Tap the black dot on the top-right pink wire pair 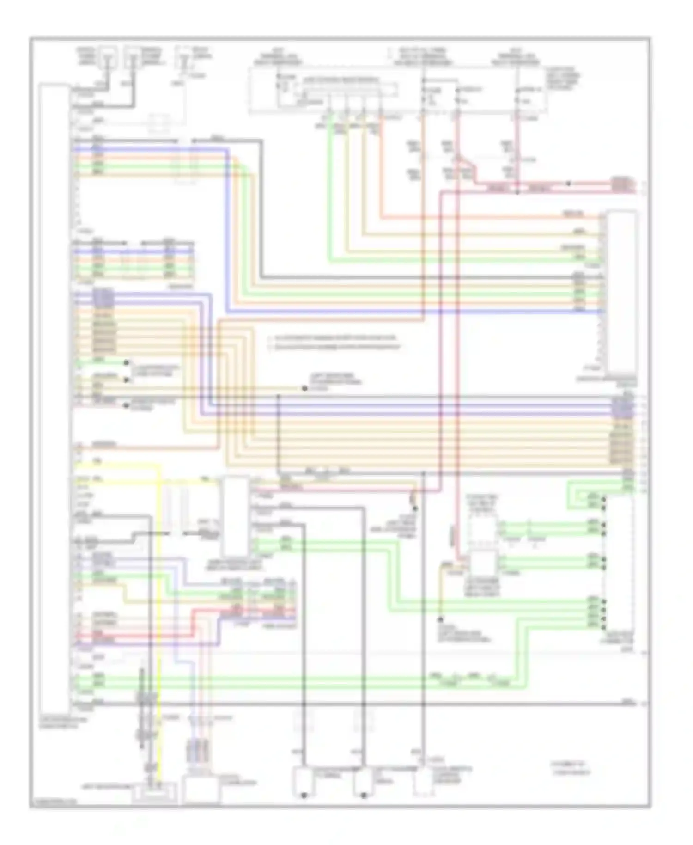coord(569,184)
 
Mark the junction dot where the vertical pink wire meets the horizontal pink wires coord(517,191)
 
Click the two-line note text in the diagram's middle coord(335,342)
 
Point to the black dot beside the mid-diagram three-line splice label coord(304,388)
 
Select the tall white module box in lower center coord(236,516)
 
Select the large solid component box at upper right coord(622,291)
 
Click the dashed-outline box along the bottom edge coord(423,781)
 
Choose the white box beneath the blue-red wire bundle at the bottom coord(202,790)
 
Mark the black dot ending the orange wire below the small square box coord(440,618)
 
